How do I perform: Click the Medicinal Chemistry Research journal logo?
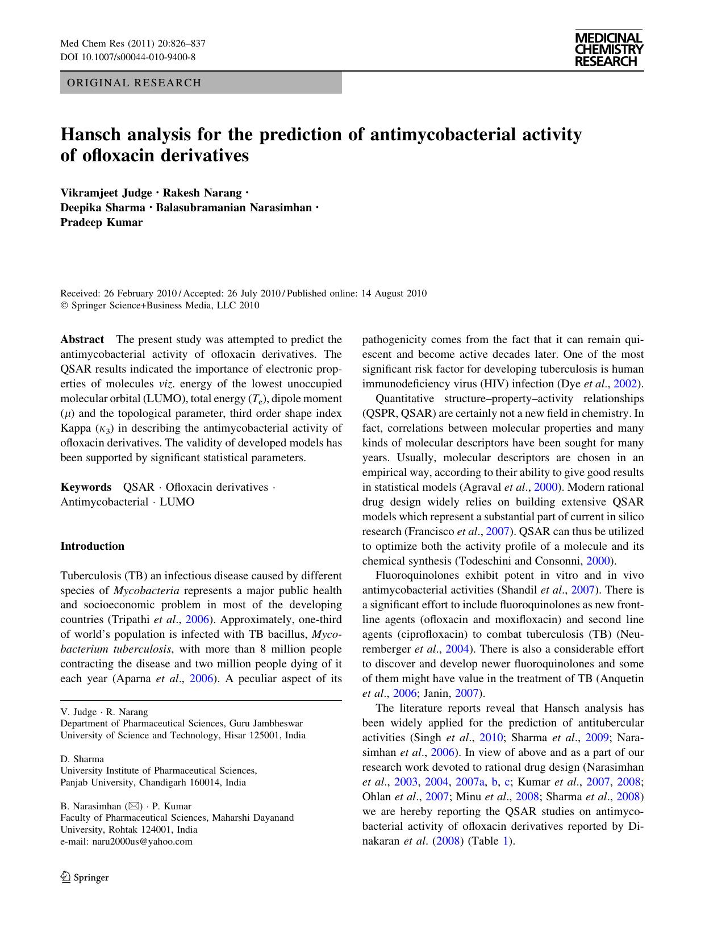(608, 49)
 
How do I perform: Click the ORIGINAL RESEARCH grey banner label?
(134, 83)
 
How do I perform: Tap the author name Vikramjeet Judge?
(106, 193)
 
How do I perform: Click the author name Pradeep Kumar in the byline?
(102, 222)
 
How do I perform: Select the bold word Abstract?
(82, 340)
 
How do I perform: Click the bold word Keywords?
(86, 487)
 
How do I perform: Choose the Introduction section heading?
(92, 546)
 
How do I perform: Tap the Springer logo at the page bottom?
(85, 877)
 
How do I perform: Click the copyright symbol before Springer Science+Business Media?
(64, 306)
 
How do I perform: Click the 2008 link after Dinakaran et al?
(446, 841)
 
